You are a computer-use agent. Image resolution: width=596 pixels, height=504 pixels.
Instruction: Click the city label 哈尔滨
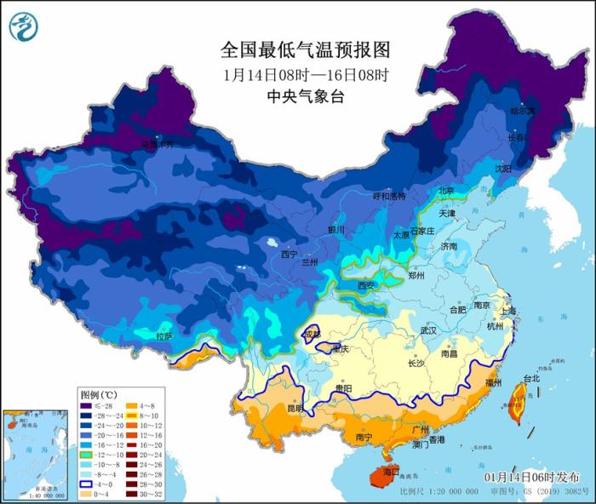pyautogui.click(x=522, y=112)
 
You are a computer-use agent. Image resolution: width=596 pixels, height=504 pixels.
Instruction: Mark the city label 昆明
pyautogui.click(x=294, y=409)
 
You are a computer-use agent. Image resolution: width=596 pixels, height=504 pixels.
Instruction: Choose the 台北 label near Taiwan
pyautogui.click(x=530, y=377)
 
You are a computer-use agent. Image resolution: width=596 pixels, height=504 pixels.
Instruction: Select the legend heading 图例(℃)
pyautogui.click(x=98, y=395)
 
